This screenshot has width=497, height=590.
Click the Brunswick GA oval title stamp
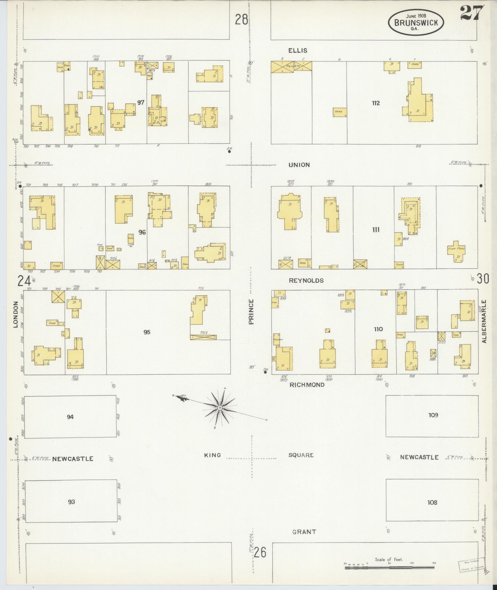point(416,22)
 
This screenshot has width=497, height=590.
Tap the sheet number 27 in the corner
point(471,13)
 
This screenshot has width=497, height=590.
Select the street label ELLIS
point(298,50)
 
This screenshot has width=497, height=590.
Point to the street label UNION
point(299,165)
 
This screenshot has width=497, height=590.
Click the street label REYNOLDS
point(306,280)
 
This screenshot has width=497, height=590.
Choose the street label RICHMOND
point(307,385)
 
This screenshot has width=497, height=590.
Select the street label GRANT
point(304,531)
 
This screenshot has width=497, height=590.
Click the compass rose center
point(220,408)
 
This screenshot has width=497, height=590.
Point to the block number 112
point(376,103)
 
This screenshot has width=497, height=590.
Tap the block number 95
point(147,332)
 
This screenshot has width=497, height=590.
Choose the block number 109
point(433,415)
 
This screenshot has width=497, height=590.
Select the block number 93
point(71,502)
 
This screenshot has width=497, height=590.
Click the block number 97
point(141,102)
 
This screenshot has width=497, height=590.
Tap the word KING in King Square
point(213,455)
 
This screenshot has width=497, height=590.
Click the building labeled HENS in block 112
point(340,112)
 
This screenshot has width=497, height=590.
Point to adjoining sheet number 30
point(483,279)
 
